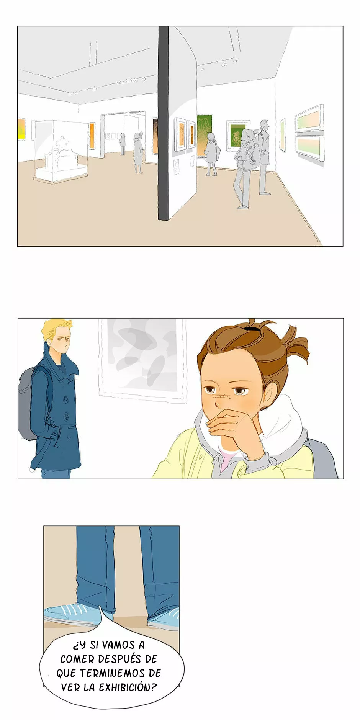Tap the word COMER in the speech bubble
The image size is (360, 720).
point(77,659)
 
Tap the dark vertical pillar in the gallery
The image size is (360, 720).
point(164,123)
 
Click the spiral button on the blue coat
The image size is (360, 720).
point(67,415)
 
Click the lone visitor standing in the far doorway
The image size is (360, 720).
point(123,144)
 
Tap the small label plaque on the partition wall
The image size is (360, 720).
point(176,167)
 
